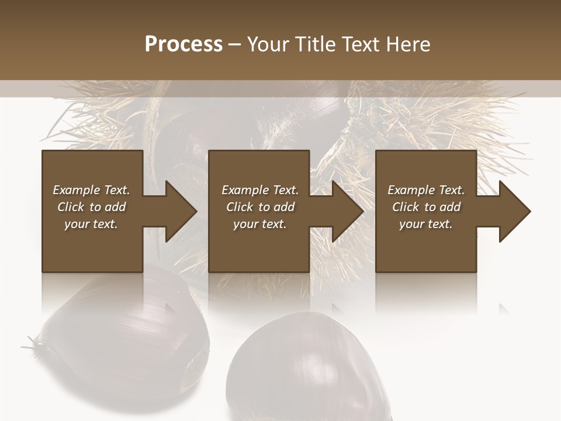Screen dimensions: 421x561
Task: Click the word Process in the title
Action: pyautogui.click(x=183, y=44)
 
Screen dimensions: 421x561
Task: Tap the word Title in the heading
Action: pyautogui.click(x=314, y=44)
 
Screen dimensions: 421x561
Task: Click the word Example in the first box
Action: pyautogui.click(x=76, y=190)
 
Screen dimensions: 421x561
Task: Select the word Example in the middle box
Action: pyautogui.click(x=245, y=190)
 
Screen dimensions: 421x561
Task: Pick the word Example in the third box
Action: pyautogui.click(x=411, y=190)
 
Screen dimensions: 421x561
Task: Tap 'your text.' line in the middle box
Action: pyautogui.click(x=259, y=224)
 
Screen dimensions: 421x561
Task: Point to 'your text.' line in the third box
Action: pyautogui.click(x=425, y=224)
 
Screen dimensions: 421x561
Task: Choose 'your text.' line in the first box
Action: pyautogui.click(x=91, y=224)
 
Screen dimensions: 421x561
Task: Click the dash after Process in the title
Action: pyautogui.click(x=235, y=45)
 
